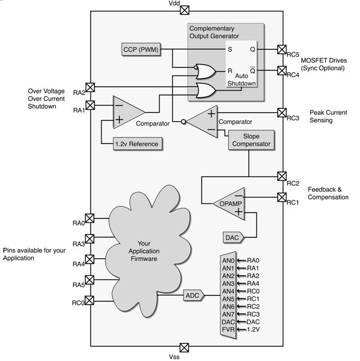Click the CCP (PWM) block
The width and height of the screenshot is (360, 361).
(141, 49)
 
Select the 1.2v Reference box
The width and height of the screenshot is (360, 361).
(138, 144)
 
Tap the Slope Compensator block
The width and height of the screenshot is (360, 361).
(251, 140)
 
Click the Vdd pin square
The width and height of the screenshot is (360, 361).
(184, 10)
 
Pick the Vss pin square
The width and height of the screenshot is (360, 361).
(184, 348)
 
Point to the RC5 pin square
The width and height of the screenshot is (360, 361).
(282, 49)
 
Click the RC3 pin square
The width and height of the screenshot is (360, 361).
(282, 113)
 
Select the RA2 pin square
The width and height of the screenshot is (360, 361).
(90, 87)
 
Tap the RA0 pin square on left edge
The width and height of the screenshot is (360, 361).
(90, 218)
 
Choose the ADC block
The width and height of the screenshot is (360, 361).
(194, 295)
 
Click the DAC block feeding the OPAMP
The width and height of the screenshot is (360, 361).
(233, 237)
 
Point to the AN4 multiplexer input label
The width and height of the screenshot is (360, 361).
(228, 291)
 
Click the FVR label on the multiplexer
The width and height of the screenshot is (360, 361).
(228, 329)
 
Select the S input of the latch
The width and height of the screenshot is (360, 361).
(230, 49)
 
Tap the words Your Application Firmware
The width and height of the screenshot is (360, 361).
(144, 251)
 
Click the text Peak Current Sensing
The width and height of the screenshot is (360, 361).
(328, 116)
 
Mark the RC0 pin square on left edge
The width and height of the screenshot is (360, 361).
(89, 300)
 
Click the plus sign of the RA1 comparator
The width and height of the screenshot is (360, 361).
(119, 119)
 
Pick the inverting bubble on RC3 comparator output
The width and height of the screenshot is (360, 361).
(184, 122)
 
